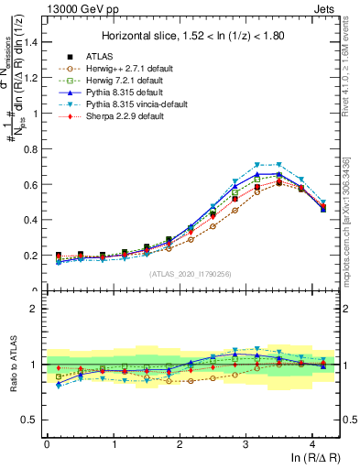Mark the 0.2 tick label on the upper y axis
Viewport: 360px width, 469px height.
point(31,256)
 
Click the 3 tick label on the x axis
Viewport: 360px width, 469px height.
point(245,442)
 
